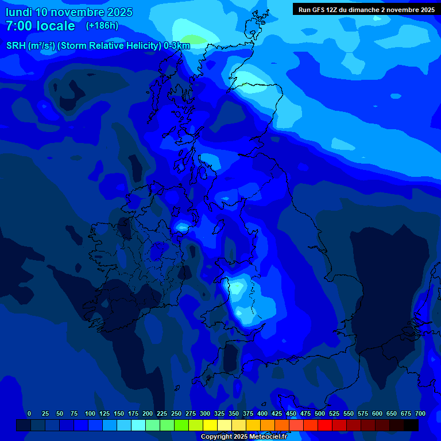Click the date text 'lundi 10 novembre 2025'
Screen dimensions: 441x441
69,12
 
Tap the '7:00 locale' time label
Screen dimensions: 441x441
40,26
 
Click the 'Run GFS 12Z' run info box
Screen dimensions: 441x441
366,9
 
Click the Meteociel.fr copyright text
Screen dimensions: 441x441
243,436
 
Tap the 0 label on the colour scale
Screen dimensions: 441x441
29,413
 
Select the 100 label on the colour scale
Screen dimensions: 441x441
90,413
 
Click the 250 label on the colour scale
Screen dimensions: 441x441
176,413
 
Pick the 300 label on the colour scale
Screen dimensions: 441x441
205,413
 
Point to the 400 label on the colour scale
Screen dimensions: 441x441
262,413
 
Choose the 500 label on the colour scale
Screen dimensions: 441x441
320,413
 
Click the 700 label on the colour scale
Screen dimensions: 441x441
420,413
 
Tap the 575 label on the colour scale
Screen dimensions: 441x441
363,413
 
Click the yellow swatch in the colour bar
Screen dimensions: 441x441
210,425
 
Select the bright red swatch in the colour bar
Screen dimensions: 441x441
325,425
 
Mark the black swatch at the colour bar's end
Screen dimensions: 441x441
411,425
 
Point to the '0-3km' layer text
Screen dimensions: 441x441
177,46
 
